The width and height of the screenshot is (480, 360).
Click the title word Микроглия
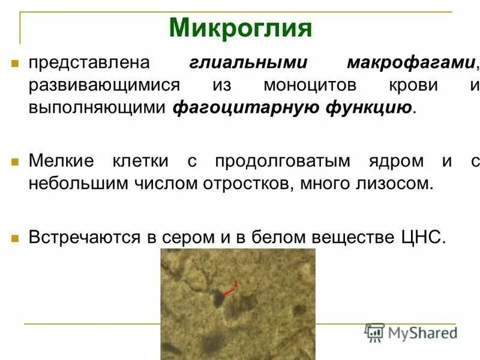(x=241, y=28)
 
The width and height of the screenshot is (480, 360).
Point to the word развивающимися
(x=104, y=85)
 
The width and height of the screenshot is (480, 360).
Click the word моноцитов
(x=310, y=85)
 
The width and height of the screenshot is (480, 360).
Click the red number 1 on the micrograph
(x=236, y=283)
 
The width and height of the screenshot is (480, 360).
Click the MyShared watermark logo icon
(x=375, y=332)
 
